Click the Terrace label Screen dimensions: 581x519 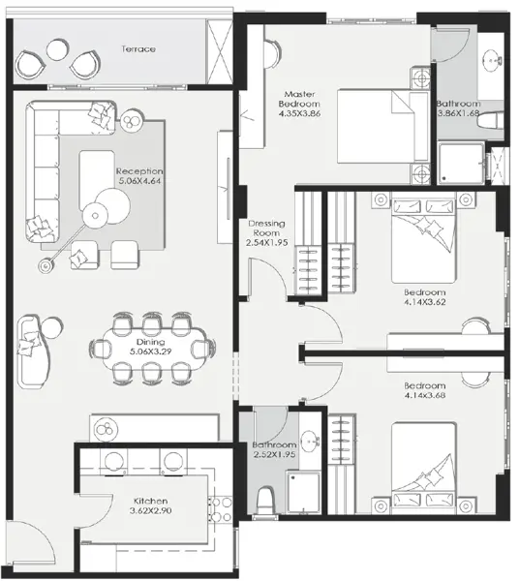coord(138,48)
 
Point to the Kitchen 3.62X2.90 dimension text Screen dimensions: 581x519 coord(151,511)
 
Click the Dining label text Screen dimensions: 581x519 coord(150,342)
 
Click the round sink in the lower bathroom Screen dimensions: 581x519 coord(307,439)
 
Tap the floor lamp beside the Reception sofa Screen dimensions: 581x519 coord(46,264)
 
